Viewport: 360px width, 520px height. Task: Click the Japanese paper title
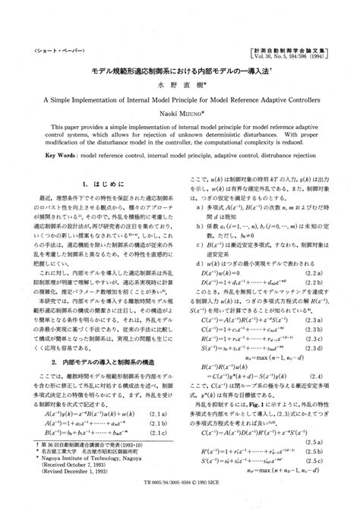[x=178, y=69]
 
